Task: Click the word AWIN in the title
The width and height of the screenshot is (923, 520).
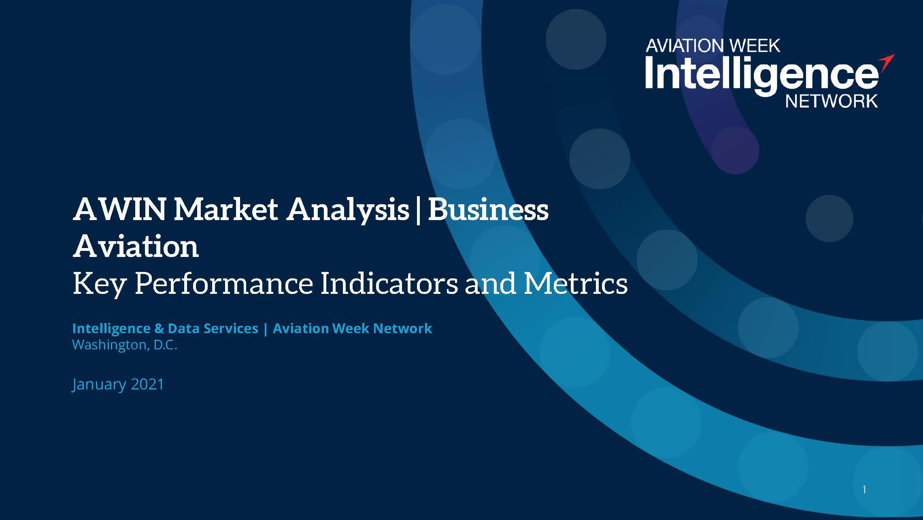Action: (x=119, y=210)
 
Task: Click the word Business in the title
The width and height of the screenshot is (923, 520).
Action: (x=488, y=210)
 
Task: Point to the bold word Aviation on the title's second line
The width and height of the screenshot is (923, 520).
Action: (x=136, y=246)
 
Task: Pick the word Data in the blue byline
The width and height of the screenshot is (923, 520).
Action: (x=182, y=328)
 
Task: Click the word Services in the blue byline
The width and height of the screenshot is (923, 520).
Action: (x=231, y=328)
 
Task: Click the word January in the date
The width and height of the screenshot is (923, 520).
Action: (x=99, y=385)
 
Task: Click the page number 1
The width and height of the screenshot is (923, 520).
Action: (x=864, y=490)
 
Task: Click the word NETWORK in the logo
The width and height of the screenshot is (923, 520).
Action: (x=832, y=101)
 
